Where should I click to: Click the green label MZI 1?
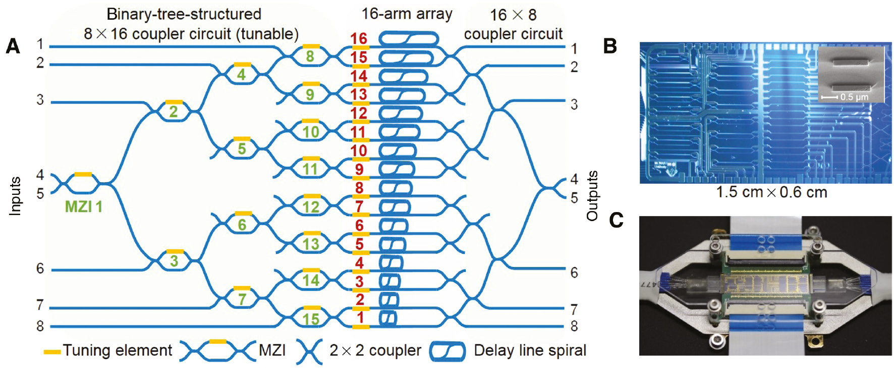tap(83, 206)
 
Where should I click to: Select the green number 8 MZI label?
tap(310, 57)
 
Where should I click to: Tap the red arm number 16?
tap(359, 38)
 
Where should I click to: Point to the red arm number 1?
tap(360, 318)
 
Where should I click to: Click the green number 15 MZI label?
tap(311, 319)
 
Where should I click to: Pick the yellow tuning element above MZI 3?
tap(175, 251)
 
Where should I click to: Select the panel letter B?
tap(610, 46)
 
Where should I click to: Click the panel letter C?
tap(616, 220)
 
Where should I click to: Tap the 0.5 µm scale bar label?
tap(854, 97)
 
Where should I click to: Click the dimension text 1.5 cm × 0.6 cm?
tap(771, 192)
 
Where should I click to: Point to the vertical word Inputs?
tap(16, 196)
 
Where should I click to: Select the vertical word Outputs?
tap(592, 196)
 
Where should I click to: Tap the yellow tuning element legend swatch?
tap(52, 351)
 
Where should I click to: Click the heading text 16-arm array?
tap(407, 14)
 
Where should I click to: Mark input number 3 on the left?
tap(40, 100)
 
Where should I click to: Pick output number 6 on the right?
tap(574, 273)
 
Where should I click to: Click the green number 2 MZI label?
tap(173, 112)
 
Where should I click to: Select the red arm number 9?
tap(359, 169)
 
